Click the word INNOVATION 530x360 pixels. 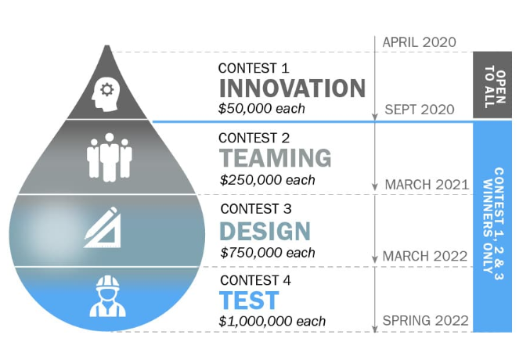[x=292, y=88]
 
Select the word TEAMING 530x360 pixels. [x=276, y=158]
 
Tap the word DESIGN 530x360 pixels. [x=265, y=231]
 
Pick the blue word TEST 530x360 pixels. [x=249, y=301]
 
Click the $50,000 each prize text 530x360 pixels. [x=261, y=109]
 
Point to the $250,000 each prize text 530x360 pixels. [x=268, y=180]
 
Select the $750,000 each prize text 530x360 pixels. [x=268, y=253]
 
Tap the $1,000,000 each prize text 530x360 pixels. [x=272, y=321]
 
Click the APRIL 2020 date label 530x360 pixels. [x=419, y=42]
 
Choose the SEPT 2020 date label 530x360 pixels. [x=420, y=110]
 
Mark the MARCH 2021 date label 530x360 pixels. [x=427, y=185]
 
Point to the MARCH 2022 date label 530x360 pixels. [x=425, y=256]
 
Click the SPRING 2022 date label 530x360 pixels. [x=426, y=320]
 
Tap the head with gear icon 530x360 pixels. [x=105, y=94]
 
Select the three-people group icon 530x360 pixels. [x=109, y=157]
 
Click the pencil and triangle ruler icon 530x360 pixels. [x=102, y=227]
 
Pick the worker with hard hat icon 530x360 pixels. [x=107, y=296]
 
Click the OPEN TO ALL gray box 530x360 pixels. [x=492, y=85]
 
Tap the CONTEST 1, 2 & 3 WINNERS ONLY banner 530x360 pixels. [x=492, y=226]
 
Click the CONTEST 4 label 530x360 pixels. [x=255, y=280]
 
